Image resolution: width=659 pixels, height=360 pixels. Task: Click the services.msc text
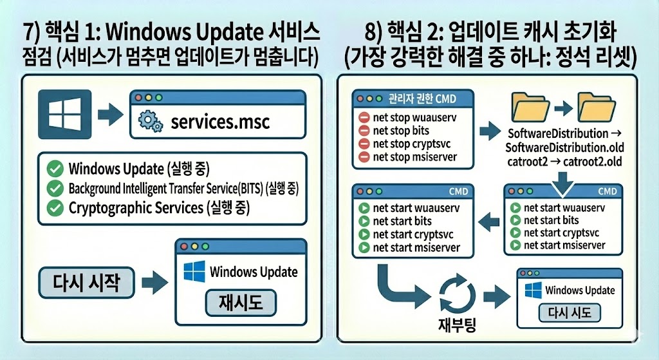220,120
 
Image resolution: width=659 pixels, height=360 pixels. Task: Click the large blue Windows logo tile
62,115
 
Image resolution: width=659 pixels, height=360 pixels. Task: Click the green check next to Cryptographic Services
55,208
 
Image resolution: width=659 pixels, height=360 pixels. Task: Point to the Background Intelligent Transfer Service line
185,189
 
